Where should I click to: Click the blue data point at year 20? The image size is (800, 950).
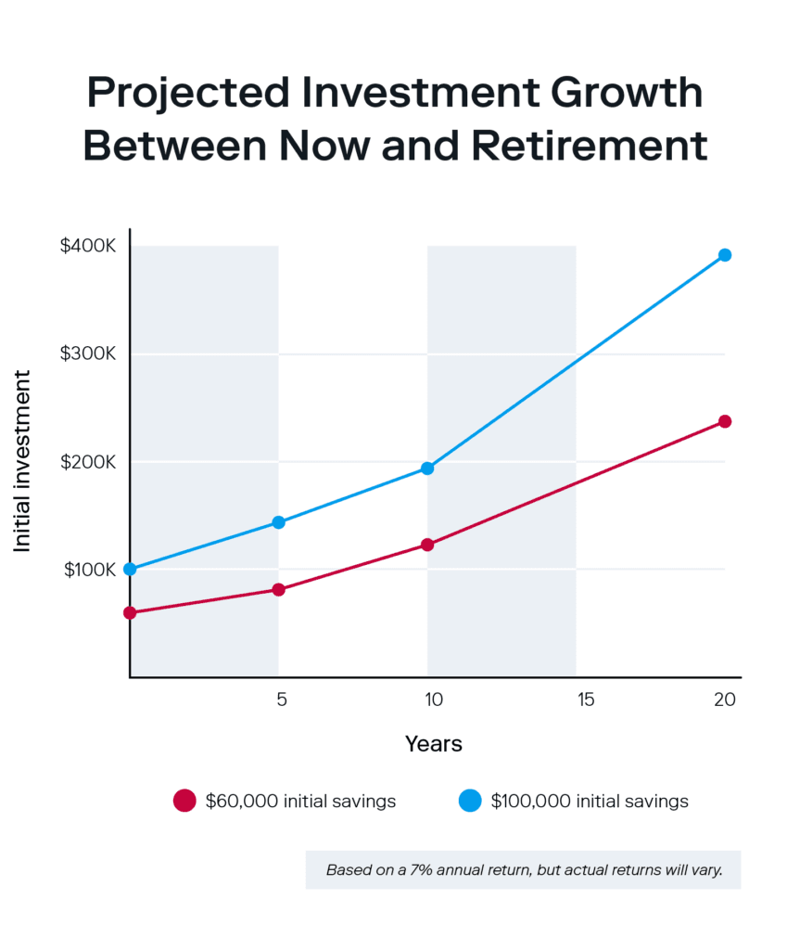(725, 255)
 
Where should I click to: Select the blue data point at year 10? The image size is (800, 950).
(427, 469)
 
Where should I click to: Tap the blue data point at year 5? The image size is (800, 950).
(278, 522)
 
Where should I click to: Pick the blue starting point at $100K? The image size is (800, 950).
(130, 569)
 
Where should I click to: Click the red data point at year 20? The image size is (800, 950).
(725, 421)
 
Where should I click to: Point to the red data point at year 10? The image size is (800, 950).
(427, 545)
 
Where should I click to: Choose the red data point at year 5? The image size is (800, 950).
(278, 590)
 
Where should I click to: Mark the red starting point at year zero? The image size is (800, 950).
(130, 612)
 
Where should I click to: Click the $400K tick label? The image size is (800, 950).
(90, 247)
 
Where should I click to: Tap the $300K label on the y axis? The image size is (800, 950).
(90, 354)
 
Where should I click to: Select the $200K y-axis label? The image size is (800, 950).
(90, 462)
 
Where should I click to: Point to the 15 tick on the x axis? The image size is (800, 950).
(585, 700)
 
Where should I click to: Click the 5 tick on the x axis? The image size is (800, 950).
(281, 700)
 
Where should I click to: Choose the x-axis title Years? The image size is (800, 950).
(433, 744)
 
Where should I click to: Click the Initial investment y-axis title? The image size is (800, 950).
(23, 461)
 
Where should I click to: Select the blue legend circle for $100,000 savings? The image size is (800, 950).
(470, 801)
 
